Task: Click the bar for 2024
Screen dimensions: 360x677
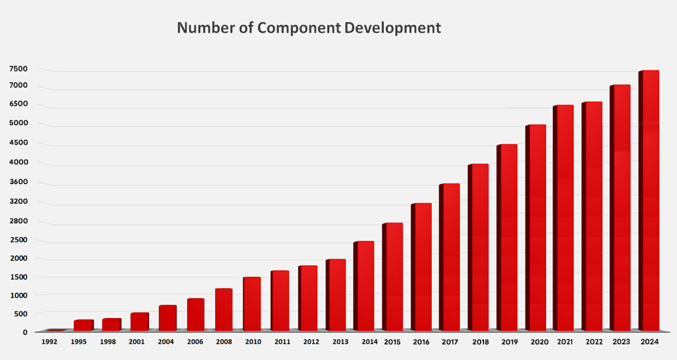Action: tap(649, 200)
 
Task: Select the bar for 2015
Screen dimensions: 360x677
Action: tap(392, 276)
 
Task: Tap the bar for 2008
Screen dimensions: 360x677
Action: tap(223, 309)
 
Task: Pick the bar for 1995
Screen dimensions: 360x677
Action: tap(83, 325)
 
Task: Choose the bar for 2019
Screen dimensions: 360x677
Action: tap(507, 237)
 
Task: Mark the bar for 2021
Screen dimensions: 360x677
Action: tap(563, 217)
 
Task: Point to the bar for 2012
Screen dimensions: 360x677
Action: tap(307, 298)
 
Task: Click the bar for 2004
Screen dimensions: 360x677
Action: tap(167, 317)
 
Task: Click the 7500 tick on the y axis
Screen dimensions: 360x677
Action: tap(18, 69)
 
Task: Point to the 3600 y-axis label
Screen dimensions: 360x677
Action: tap(18, 182)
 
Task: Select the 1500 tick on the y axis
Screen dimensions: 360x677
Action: tap(18, 277)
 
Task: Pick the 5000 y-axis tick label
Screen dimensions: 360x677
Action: tap(18, 123)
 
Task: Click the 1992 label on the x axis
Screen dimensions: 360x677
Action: tap(50, 342)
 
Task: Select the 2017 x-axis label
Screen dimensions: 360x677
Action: tap(449, 342)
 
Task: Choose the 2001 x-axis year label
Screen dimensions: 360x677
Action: tap(137, 342)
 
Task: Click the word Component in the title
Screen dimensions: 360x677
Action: tap(299, 28)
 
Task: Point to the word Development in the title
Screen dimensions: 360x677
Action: tap(393, 28)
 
